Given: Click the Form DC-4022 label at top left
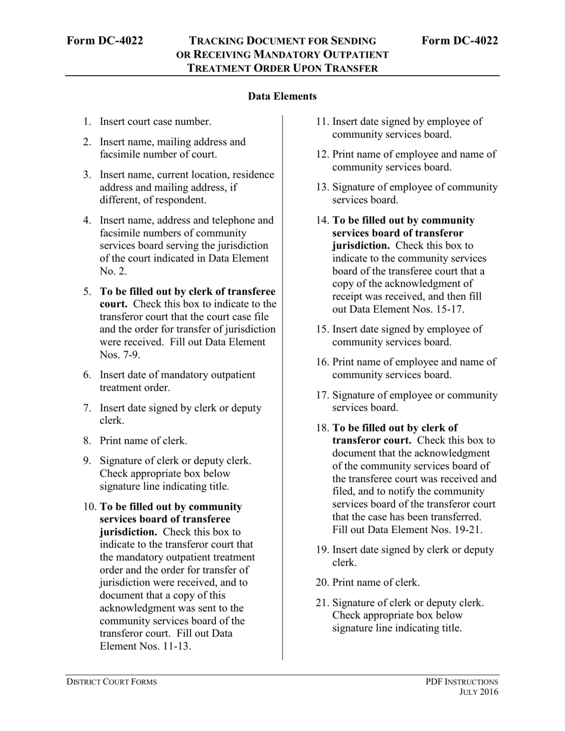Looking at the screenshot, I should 105,40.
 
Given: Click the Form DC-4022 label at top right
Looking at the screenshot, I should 460,40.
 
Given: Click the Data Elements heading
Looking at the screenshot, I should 282,96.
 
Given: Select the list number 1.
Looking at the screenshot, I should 87,122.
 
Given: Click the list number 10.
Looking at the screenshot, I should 89,507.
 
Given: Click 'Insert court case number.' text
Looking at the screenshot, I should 155,122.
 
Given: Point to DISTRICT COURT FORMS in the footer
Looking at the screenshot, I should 111,682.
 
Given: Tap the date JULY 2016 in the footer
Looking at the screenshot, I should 479,692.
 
